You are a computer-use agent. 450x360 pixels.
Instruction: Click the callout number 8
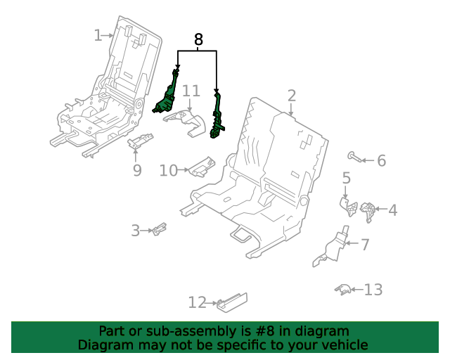click(198, 39)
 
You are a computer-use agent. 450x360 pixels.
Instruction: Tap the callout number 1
click(98, 35)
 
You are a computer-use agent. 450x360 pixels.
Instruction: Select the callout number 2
click(291, 96)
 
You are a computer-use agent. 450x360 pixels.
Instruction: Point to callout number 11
click(191, 91)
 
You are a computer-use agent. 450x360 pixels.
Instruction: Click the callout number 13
click(373, 290)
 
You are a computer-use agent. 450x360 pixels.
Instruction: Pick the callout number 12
click(197, 302)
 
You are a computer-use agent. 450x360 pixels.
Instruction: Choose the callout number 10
click(169, 171)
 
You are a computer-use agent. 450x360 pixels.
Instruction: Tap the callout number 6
click(381, 160)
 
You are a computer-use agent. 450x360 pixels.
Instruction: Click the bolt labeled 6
click(354, 157)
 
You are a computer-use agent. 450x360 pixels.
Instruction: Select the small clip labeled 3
click(160, 229)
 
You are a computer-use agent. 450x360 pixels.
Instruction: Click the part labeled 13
click(342, 290)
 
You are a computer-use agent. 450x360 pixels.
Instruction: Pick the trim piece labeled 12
click(232, 302)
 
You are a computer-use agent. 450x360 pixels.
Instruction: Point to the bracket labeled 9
click(140, 140)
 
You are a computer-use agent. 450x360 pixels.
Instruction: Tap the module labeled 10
click(202, 167)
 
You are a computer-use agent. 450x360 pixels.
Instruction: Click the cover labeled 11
click(186, 123)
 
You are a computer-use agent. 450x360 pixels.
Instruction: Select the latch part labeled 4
click(368, 212)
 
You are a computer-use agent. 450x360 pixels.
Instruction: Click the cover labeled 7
click(333, 248)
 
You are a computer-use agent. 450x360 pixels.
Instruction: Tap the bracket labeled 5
click(349, 206)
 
